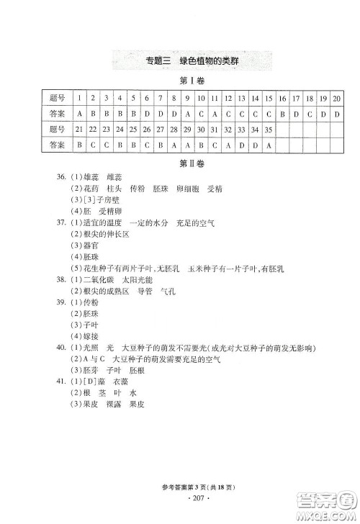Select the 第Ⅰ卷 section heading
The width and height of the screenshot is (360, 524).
click(180, 80)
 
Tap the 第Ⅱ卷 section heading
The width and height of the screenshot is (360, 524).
click(180, 163)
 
